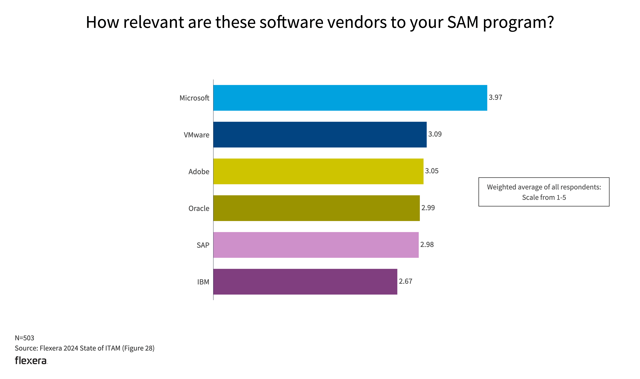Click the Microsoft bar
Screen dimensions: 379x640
click(350, 98)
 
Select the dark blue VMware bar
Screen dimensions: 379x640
click(320, 135)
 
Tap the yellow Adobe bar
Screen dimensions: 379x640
click(318, 171)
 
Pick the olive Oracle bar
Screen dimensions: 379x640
click(316, 208)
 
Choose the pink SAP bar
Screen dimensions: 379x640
click(316, 245)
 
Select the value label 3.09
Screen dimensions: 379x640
click(435, 134)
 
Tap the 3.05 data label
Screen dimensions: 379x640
click(432, 171)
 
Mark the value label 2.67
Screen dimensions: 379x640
click(405, 281)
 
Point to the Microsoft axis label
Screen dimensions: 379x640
click(194, 98)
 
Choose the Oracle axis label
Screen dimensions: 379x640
click(199, 208)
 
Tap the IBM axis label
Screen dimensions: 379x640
click(203, 282)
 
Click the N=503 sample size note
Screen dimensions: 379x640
click(24, 338)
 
